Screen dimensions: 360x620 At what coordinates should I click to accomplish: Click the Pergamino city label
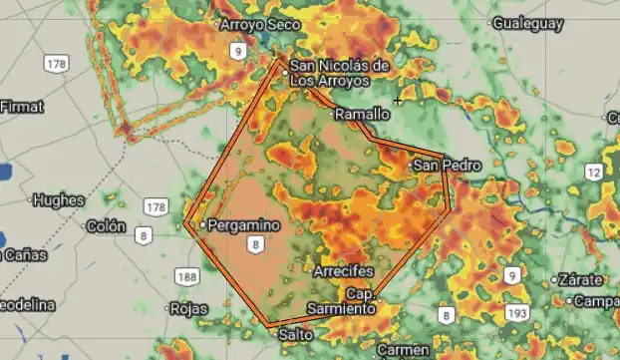243,225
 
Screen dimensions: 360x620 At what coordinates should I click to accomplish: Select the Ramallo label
362,115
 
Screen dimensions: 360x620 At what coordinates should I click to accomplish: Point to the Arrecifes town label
343,272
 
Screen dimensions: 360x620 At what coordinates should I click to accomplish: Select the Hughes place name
59,199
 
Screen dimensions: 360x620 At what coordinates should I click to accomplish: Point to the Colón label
107,225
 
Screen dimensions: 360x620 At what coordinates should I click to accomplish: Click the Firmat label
22,105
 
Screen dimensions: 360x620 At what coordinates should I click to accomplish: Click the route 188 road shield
186,275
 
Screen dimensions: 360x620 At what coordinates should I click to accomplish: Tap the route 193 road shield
517,313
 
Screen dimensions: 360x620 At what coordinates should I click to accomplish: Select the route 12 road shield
594,173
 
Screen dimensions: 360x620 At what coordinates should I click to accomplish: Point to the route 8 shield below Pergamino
257,244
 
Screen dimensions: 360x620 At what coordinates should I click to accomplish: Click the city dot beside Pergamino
202,225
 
